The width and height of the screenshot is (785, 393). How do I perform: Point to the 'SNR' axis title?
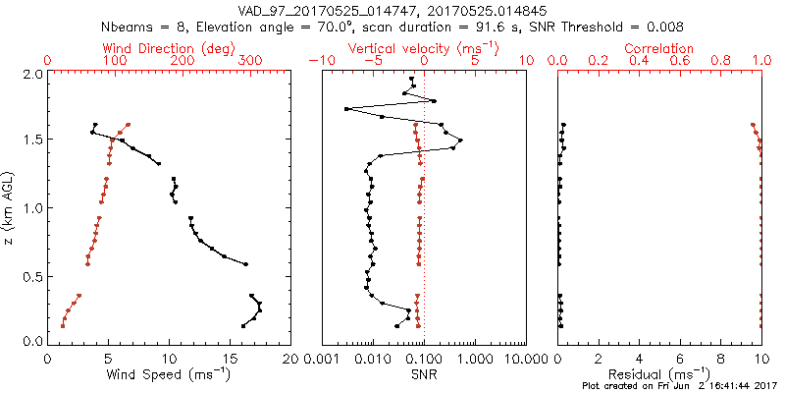(423, 375)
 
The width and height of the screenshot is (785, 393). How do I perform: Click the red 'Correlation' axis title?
(658, 48)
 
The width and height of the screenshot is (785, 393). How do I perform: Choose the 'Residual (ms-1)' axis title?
(659, 375)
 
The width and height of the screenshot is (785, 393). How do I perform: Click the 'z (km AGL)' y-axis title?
(9, 207)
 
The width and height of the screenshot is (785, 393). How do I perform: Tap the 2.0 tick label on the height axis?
(31, 74)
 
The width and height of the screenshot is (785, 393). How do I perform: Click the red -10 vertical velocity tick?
(321, 61)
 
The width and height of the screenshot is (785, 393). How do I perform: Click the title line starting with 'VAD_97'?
(392, 11)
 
